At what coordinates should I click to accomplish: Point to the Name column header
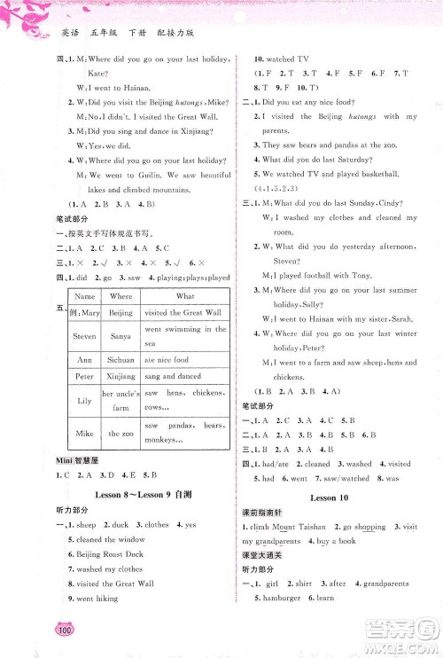pos(85,296)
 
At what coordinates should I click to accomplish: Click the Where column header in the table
pos(120,296)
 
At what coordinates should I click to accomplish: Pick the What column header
pos(185,296)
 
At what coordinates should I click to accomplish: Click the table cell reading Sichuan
pos(120,360)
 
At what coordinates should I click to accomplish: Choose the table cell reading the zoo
pos(120,434)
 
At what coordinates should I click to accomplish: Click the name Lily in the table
pos(85,401)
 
